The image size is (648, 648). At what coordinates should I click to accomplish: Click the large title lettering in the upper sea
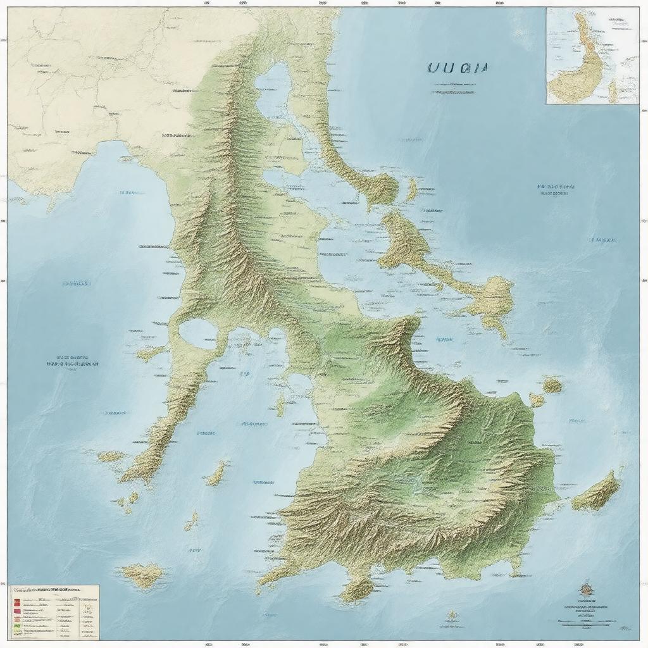click(457, 69)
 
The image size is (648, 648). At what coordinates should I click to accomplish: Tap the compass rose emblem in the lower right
click(586, 590)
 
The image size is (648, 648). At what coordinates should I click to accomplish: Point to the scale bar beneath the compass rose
click(587, 621)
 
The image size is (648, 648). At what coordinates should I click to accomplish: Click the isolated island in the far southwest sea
click(143, 575)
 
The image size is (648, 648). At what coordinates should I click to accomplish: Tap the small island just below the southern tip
click(358, 590)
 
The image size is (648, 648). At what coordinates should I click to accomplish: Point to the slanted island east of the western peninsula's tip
click(216, 473)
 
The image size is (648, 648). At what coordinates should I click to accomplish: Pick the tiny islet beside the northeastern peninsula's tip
click(413, 189)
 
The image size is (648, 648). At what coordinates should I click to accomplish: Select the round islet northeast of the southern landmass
click(552, 384)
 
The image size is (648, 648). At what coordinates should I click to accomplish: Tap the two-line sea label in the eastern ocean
click(556, 190)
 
